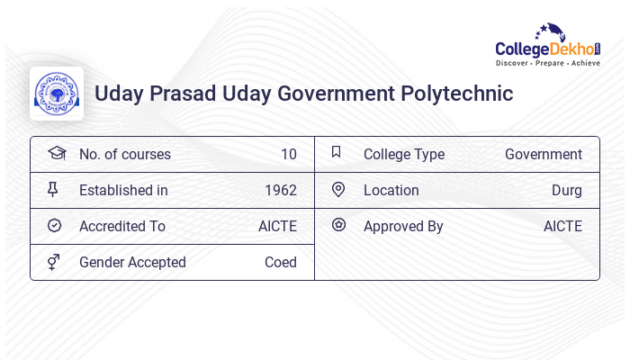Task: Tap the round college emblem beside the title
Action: click(57, 94)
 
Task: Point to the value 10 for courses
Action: click(288, 155)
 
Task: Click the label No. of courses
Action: click(124, 155)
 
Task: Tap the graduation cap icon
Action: click(56, 153)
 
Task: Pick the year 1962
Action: click(281, 191)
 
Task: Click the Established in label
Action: click(123, 191)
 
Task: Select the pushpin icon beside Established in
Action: click(54, 190)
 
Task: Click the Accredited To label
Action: click(122, 227)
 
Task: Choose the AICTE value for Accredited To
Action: click(277, 227)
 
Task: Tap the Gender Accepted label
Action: click(132, 263)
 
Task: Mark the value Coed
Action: click(281, 263)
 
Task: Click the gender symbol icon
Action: click(54, 262)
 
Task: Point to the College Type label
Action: click(404, 155)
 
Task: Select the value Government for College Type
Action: click(544, 155)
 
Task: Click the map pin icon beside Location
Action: click(338, 190)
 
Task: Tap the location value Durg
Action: click(567, 191)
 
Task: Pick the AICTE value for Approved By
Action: click(562, 227)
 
